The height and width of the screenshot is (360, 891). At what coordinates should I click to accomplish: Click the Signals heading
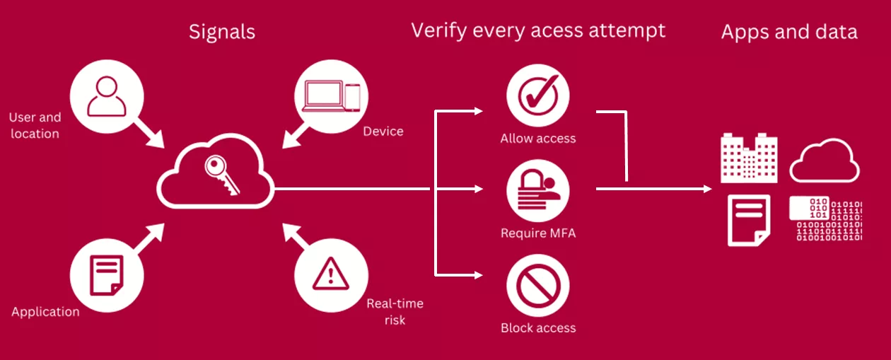point(221,32)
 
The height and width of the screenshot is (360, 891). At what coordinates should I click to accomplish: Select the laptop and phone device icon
point(331,95)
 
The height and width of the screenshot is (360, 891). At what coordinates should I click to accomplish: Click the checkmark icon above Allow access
point(538,95)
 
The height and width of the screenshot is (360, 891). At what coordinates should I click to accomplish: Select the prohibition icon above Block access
point(538,285)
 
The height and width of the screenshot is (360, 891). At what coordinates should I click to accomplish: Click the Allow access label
point(538,139)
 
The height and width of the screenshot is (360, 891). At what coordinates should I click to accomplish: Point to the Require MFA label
point(538,233)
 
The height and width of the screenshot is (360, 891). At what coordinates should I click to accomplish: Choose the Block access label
point(538,328)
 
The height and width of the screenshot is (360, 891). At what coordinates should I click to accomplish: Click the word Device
point(383,132)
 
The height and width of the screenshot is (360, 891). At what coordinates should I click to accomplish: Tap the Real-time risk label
point(395,312)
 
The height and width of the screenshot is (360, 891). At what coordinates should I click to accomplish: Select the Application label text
point(46,312)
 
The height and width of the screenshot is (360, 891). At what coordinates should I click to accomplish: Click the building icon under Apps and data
point(748,157)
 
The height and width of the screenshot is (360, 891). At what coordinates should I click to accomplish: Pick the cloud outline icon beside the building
point(824,161)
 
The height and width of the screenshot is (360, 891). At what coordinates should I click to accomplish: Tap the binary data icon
point(826,220)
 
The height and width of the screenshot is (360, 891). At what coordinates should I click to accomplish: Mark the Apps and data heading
point(789,32)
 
